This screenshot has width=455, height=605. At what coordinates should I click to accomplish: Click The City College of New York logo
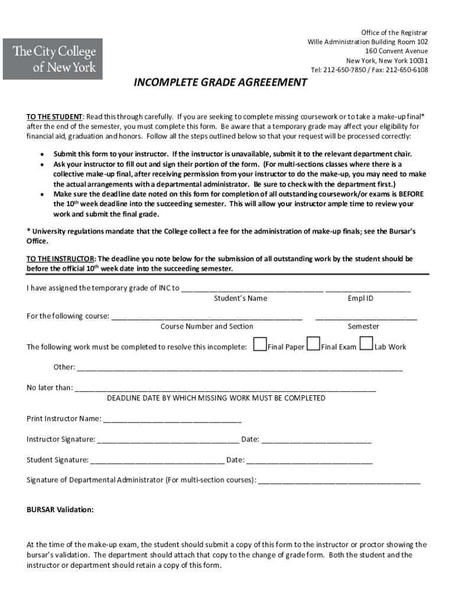(x=53, y=59)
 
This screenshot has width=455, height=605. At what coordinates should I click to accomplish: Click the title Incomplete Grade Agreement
(x=220, y=83)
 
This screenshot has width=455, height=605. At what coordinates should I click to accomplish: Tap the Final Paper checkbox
(x=259, y=344)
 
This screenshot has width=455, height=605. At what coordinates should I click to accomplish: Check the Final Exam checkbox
(x=314, y=344)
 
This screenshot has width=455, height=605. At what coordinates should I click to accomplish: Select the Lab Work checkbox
(x=366, y=344)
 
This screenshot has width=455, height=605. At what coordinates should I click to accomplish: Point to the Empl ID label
(x=360, y=299)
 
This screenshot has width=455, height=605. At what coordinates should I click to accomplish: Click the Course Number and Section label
(x=207, y=327)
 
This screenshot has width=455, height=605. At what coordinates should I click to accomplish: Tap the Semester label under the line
(x=363, y=327)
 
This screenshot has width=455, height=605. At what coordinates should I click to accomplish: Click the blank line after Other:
(x=239, y=369)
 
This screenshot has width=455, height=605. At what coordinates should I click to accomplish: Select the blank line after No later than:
(x=225, y=390)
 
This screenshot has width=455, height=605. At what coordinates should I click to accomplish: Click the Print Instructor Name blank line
(x=172, y=421)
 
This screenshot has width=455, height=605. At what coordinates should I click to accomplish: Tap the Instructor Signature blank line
(x=168, y=441)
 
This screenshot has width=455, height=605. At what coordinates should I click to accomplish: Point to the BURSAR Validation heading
(x=60, y=509)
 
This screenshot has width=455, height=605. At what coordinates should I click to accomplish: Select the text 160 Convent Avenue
(x=396, y=51)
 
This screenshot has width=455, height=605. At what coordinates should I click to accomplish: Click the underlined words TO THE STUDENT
(x=54, y=116)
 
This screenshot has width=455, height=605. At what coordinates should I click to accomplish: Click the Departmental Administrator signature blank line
(x=339, y=482)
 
